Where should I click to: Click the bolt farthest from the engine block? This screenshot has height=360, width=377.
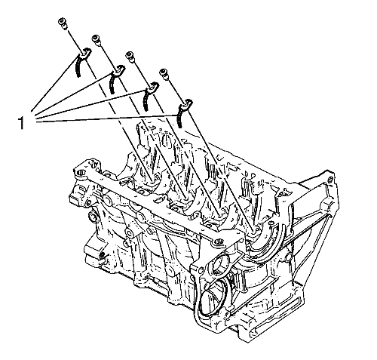pyautogui.click(x=62, y=23)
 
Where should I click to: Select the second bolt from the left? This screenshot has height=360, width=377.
pyautogui.click(x=96, y=39)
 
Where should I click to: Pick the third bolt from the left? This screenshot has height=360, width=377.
pyautogui.click(x=130, y=56)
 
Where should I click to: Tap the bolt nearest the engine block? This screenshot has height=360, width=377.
pyautogui.click(x=164, y=73)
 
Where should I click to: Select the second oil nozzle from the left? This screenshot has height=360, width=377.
pyautogui.click(x=115, y=78)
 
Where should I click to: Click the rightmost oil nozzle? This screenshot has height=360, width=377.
pyautogui.click(x=183, y=112)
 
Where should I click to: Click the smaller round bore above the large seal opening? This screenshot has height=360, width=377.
pyautogui.click(x=219, y=267)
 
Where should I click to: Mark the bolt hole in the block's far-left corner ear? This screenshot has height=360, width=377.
pyautogui.click(x=80, y=173)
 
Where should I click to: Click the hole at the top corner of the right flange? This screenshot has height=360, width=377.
pyautogui.click(x=330, y=180)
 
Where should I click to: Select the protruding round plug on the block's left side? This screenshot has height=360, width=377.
pyautogui.click(x=92, y=217)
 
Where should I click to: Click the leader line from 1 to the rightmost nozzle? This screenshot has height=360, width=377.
pyautogui.click(x=108, y=118)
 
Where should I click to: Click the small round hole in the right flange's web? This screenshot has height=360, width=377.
pyautogui.click(x=288, y=257)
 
